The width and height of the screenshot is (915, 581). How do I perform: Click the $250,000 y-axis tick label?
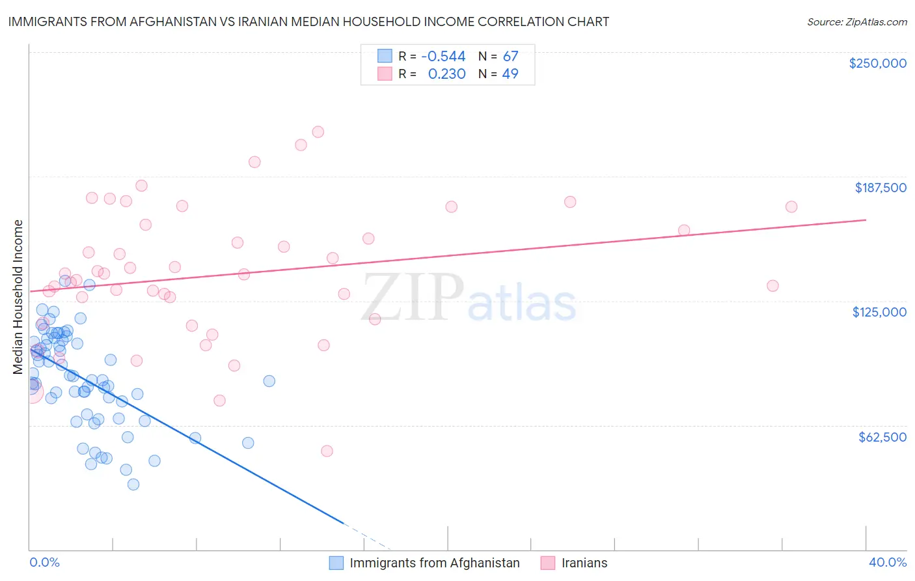(877, 63)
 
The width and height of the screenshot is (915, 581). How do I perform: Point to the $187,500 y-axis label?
(880, 188)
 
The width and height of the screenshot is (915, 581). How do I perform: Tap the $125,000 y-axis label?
(879, 312)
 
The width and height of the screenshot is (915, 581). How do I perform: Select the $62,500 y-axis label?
(882, 437)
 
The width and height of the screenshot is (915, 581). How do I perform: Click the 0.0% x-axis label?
(44, 563)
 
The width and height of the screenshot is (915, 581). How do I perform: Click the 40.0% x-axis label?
(887, 563)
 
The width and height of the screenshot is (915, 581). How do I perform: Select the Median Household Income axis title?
(18, 297)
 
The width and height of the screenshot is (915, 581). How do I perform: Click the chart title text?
(308, 21)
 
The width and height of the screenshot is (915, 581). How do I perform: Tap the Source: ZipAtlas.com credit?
(856, 22)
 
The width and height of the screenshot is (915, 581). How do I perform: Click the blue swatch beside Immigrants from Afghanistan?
(336, 563)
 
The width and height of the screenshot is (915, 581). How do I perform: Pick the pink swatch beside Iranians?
(548, 563)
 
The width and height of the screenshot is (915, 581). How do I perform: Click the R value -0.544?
(443, 56)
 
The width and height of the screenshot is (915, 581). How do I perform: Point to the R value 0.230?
(446, 74)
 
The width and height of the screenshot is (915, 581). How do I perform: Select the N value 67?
(510, 56)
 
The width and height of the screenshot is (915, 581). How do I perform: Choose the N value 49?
(510, 74)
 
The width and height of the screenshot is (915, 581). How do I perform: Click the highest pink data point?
(318, 132)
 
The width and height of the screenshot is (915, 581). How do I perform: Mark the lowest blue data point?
(133, 484)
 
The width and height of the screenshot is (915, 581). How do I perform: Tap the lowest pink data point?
(327, 451)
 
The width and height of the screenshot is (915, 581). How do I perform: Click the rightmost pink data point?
(791, 206)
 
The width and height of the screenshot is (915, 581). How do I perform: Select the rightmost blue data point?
(269, 381)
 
